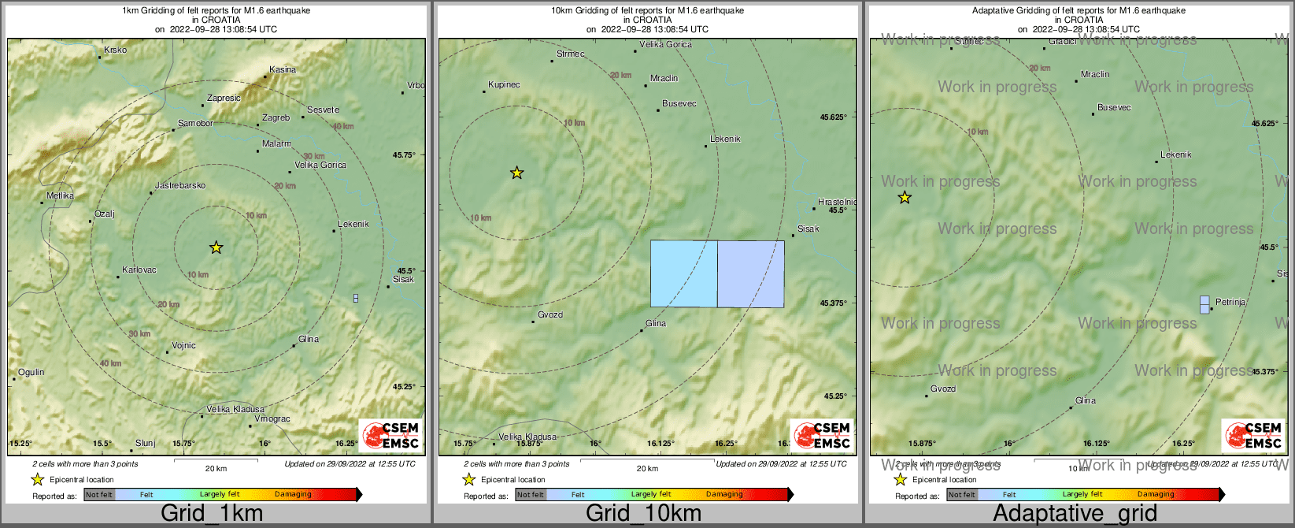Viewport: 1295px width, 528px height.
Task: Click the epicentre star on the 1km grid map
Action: tap(216, 247)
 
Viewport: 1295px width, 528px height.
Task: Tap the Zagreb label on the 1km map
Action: tap(276, 117)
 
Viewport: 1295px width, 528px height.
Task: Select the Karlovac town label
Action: tap(139, 270)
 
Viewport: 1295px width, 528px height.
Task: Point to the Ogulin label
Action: tap(31, 372)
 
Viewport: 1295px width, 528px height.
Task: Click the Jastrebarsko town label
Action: tap(180, 186)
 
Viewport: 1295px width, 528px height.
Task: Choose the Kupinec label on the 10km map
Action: tap(504, 84)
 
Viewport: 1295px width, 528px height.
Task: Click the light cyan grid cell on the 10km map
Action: tap(683, 273)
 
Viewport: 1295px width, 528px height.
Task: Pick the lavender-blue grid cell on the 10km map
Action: tap(751, 273)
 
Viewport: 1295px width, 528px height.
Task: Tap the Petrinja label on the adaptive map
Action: tap(1230, 302)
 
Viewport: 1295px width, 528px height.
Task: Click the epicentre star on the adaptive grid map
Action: tap(905, 198)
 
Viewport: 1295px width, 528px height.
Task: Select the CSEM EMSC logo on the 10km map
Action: tap(821, 435)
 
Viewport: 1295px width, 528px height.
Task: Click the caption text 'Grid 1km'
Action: tap(212, 514)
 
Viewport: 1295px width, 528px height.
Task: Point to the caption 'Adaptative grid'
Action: tap(1075, 514)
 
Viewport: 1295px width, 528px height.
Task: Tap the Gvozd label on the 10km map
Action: tap(550, 314)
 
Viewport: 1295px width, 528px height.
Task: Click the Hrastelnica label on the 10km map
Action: tap(837, 202)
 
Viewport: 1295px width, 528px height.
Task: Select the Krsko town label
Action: tap(115, 50)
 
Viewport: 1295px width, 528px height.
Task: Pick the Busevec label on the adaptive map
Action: tap(1114, 107)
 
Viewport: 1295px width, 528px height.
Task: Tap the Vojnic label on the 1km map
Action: tap(183, 345)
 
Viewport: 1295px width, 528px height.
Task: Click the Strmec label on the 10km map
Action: tap(571, 54)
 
